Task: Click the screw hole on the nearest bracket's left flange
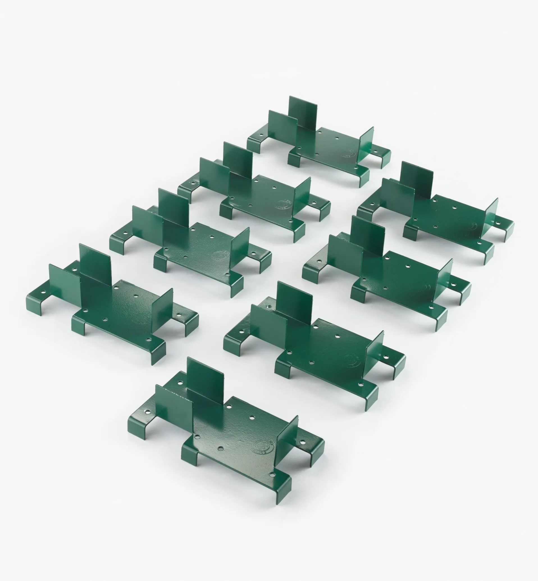point(148,412)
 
